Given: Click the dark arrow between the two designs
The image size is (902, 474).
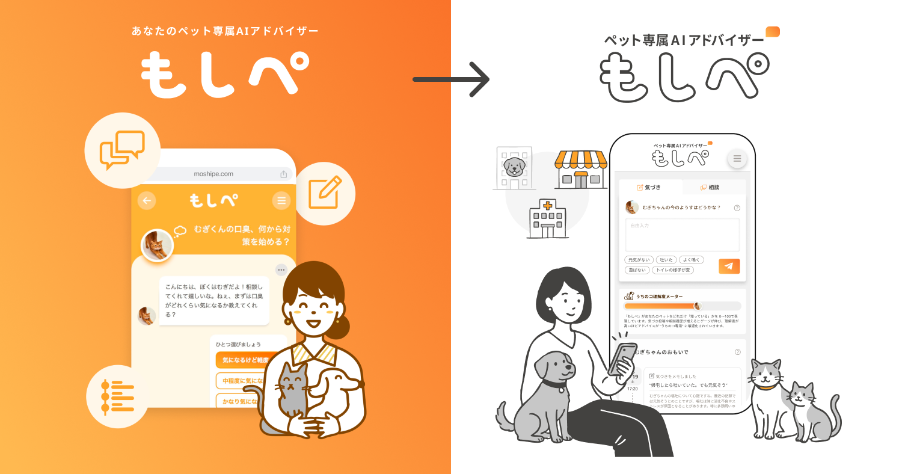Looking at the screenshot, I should coord(451,79).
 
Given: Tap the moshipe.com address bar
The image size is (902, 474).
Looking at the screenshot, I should coord(213,174).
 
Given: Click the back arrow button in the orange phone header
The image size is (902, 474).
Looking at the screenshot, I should coord(147,200).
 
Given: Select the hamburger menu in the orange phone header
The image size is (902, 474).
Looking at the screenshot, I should coord(281,200).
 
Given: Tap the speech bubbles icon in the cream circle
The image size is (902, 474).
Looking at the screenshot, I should coord(123,150).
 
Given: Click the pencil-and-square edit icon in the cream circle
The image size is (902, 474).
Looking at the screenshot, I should coord(325,192).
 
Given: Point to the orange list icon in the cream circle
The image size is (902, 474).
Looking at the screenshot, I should coord(118,396).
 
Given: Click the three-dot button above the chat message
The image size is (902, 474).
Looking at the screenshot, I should coord(281,270).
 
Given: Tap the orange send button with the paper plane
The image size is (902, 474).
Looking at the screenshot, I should coord(729,266).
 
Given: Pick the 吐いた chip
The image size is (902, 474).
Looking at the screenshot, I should coord(666,260).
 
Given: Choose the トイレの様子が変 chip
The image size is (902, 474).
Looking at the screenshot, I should coord(672,270).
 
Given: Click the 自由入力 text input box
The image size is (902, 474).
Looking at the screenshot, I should coord(682,235).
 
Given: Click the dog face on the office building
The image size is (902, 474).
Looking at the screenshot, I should coord(514,167).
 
